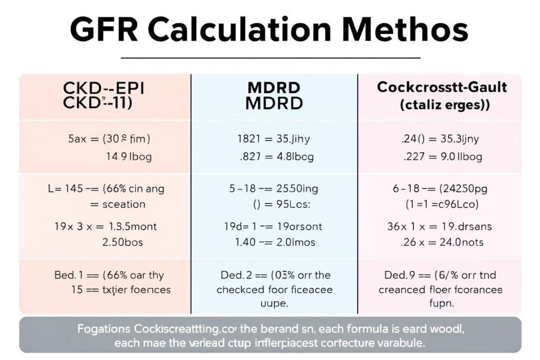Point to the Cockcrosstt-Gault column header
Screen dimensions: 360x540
tap(441, 87)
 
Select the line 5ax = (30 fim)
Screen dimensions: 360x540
tap(109, 140)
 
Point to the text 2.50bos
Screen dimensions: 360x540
tap(122, 243)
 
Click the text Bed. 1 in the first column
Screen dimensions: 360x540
tap(69, 275)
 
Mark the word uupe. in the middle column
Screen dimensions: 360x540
tap(274, 304)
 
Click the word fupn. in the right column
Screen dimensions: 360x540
tap(442, 304)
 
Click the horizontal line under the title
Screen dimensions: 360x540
tap(270, 57)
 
